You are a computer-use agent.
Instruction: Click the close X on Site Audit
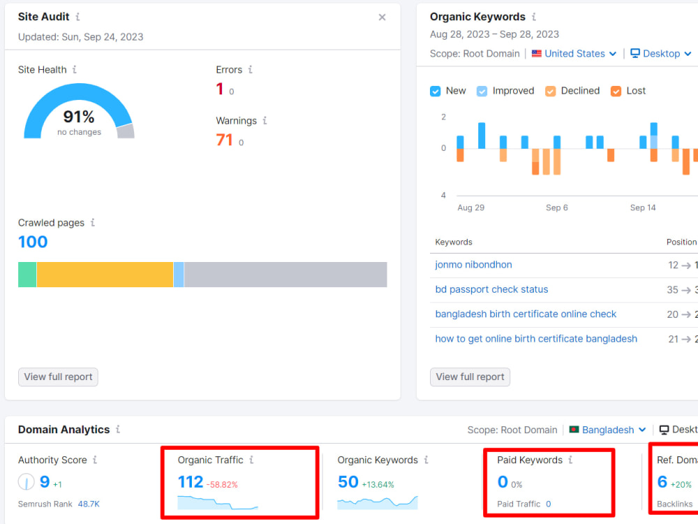tap(382, 17)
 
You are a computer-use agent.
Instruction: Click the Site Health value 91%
tap(79, 117)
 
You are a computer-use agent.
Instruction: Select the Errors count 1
tap(219, 89)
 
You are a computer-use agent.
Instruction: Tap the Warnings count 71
tap(224, 140)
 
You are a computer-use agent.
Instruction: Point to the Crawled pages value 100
tap(33, 242)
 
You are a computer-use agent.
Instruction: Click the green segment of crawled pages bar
tap(27, 275)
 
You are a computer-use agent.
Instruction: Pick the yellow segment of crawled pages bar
tap(105, 275)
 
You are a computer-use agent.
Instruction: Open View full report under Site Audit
tap(58, 377)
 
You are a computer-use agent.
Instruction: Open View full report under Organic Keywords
tap(470, 377)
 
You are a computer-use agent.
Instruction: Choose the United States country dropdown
tap(574, 54)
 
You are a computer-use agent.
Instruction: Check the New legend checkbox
tap(436, 92)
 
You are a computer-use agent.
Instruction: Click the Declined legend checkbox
tap(550, 92)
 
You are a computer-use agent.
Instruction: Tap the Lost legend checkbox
tap(616, 92)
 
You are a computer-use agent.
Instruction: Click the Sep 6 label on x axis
tap(557, 208)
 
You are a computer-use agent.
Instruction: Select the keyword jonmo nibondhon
tap(474, 265)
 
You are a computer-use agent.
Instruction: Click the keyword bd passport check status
tap(491, 290)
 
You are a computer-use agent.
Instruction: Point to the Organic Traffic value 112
tap(191, 481)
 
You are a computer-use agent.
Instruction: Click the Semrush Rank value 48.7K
tap(89, 504)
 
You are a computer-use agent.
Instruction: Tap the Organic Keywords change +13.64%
tap(378, 485)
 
